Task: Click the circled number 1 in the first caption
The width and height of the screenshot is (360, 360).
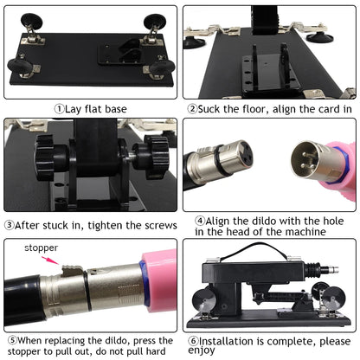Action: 60,109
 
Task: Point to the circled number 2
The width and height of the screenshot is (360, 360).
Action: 192,109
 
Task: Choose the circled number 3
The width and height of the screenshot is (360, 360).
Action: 10,225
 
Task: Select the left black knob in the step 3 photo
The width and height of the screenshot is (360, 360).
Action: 42,158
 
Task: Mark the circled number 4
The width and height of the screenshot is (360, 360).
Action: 200,221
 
